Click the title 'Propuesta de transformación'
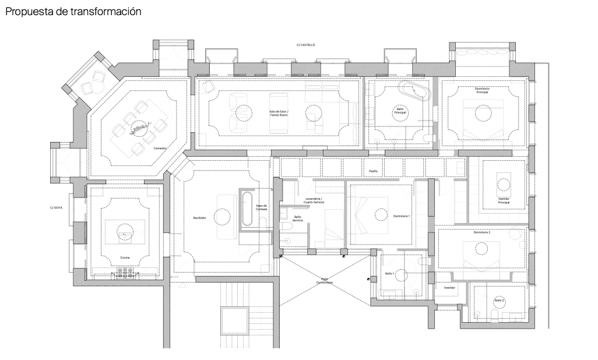(73, 12)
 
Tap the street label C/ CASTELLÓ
(305, 44)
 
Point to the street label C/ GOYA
(56, 207)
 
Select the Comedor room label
(160, 149)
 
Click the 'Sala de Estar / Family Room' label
(279, 112)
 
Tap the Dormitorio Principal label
(481, 91)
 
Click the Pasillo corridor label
(373, 171)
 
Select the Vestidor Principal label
(504, 200)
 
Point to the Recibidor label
(200, 218)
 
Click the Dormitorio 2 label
(481, 232)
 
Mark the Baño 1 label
(390, 273)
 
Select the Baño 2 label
(499, 301)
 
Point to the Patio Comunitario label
(325, 280)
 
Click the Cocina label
(125, 257)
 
